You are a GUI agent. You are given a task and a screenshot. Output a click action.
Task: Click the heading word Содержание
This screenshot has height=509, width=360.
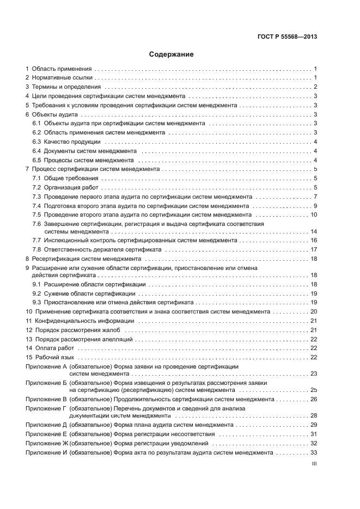171,54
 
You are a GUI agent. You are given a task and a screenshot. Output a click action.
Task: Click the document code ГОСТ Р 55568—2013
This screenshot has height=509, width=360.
287,37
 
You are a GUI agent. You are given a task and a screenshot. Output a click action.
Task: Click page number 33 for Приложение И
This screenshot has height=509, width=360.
314,452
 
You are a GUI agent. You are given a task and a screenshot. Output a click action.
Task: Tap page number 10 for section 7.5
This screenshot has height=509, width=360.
314,215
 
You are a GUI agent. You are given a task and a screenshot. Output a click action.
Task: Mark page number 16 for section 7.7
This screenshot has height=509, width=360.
314,240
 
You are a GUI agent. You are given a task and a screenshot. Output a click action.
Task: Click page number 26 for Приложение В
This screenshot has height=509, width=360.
314,399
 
